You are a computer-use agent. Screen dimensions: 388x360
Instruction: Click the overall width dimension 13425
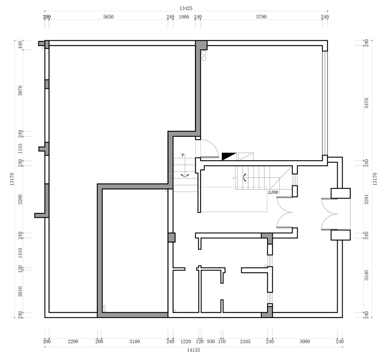click(186, 8)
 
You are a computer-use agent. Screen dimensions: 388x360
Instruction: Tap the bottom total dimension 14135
click(193, 350)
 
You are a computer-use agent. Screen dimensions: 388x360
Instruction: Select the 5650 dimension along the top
click(108, 17)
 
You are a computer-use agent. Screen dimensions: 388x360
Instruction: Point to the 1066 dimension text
click(184, 17)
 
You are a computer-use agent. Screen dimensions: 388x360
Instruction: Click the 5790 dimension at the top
click(261, 17)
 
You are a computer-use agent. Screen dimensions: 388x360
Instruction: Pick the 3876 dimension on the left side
click(20, 90)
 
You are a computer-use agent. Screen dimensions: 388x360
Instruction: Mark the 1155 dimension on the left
click(20, 149)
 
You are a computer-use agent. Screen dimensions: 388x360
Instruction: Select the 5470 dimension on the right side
click(367, 103)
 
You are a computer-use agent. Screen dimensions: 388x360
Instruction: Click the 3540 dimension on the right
click(367, 275)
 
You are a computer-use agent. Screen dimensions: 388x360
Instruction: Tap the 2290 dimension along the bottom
click(73, 341)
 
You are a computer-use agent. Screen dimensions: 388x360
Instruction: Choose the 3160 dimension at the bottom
click(135, 341)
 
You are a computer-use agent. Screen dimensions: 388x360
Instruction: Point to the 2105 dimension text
click(245, 341)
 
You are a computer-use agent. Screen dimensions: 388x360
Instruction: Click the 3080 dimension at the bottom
click(305, 341)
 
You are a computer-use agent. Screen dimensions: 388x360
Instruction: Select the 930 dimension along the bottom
click(211, 341)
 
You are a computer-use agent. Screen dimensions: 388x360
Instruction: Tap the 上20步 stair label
click(273, 192)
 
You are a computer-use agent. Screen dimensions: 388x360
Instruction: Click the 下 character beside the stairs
click(183, 156)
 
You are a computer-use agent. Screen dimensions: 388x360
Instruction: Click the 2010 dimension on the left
click(20, 291)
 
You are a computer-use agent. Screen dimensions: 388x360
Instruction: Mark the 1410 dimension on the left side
click(20, 253)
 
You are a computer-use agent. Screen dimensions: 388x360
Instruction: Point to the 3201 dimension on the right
click(367, 199)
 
